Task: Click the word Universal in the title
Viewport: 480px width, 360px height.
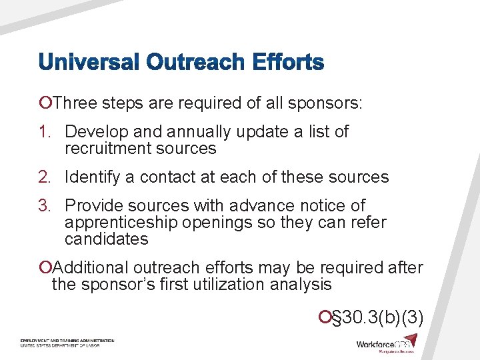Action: [89, 63]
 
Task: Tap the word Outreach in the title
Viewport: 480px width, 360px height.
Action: [198, 63]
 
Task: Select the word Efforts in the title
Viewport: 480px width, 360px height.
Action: [289, 63]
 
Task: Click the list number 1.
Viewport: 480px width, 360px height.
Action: [46, 132]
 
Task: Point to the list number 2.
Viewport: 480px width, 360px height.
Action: [46, 177]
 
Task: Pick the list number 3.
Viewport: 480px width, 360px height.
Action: [46, 205]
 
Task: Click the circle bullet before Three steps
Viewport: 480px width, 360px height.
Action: [45, 103]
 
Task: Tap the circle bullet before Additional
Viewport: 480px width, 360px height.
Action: [45, 268]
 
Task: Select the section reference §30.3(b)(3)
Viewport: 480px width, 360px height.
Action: [377, 317]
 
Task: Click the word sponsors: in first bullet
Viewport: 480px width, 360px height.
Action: [326, 103]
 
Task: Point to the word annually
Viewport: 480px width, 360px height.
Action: [187, 132]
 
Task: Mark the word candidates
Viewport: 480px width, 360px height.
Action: [106, 239]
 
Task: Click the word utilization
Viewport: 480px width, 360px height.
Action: [221, 285]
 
